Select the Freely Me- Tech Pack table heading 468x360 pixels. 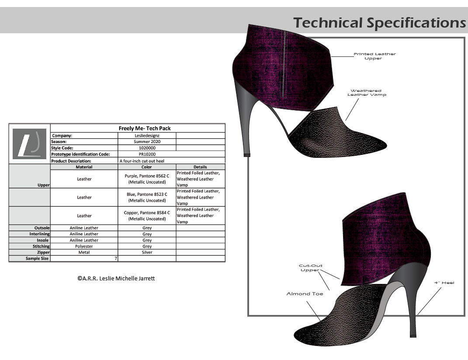pyautogui.click(x=145, y=129)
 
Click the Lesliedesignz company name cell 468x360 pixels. pyautogui.click(x=147, y=136)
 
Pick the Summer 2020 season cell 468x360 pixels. pyautogui.click(x=147, y=142)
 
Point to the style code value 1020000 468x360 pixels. pyautogui.click(x=147, y=148)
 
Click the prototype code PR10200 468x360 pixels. pyautogui.click(x=147, y=154)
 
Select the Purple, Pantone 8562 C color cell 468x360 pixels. pyautogui.click(x=147, y=179)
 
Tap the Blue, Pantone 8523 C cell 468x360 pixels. pyautogui.click(x=147, y=197)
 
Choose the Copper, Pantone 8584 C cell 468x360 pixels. pyautogui.click(x=147, y=216)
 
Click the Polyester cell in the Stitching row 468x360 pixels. pyautogui.click(x=84, y=246)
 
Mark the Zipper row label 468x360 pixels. pyautogui.click(x=42, y=252)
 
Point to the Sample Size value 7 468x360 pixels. pyautogui.click(x=116, y=259)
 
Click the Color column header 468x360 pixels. pyautogui.click(x=147, y=167)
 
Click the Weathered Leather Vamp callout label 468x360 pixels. pyautogui.click(x=367, y=93)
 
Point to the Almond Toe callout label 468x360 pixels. pyautogui.click(x=305, y=294)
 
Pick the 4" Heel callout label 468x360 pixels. pyautogui.click(x=444, y=283)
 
